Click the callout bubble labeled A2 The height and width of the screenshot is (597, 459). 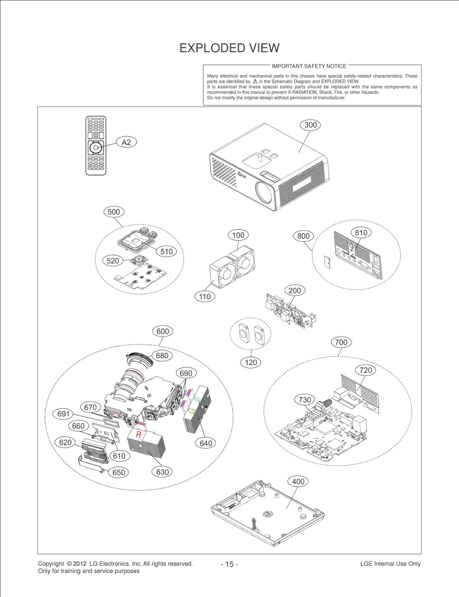(126, 142)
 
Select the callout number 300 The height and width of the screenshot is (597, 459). (310, 125)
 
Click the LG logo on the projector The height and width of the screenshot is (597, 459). (242, 174)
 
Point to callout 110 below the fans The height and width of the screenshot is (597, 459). (205, 296)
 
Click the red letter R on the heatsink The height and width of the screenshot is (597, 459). (139, 435)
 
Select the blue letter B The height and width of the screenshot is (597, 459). (198, 399)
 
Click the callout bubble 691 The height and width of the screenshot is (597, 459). (63, 414)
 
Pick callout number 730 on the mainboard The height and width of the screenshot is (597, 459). (305, 400)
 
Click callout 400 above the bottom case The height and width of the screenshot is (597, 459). (298, 482)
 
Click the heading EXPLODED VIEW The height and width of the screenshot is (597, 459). (229, 48)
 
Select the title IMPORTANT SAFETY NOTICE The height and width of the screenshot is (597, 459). (309, 66)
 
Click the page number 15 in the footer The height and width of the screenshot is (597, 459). (229, 564)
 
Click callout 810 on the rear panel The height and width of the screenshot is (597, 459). (361, 233)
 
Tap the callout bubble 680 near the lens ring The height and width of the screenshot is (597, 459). (162, 356)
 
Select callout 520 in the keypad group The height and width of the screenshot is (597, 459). (113, 261)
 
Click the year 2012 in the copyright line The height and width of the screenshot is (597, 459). (80, 563)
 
